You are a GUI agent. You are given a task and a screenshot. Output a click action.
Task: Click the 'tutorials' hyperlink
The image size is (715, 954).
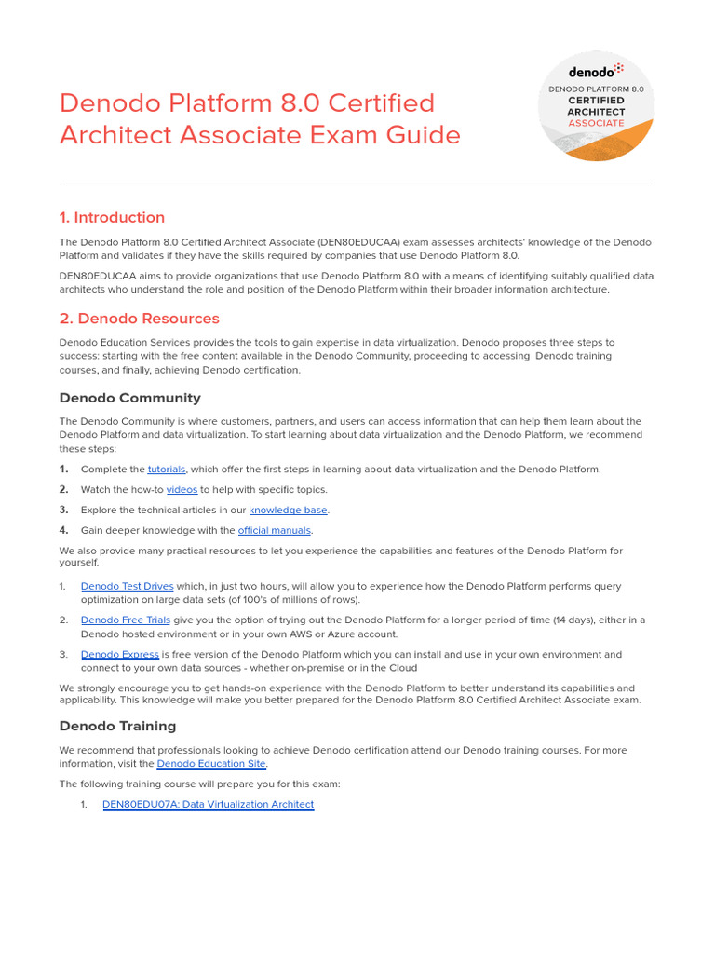pyautogui.click(x=167, y=470)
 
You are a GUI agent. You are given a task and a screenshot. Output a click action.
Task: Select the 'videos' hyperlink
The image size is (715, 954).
pyautogui.click(x=182, y=490)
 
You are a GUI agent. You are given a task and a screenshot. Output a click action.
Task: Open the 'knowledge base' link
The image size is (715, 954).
pyautogui.click(x=288, y=511)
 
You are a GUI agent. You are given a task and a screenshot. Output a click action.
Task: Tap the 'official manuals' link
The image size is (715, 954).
pyautogui.click(x=275, y=531)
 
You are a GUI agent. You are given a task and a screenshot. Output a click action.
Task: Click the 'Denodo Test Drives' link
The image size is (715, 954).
pyautogui.click(x=127, y=587)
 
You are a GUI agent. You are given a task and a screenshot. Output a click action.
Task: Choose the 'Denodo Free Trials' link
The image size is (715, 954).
pyautogui.click(x=126, y=620)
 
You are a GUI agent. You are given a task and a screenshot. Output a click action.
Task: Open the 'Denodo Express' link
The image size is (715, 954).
pyautogui.click(x=119, y=655)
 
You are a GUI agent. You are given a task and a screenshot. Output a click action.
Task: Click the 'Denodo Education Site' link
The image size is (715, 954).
pyautogui.click(x=211, y=764)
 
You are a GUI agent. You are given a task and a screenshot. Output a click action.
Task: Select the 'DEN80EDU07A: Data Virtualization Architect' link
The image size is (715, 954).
pyautogui.click(x=208, y=805)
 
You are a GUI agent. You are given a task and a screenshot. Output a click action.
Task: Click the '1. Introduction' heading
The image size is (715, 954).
pyautogui.click(x=112, y=218)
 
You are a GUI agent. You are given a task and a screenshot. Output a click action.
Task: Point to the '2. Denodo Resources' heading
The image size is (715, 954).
pyautogui.click(x=139, y=319)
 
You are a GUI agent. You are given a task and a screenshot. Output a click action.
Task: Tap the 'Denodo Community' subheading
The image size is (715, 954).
pyautogui.click(x=129, y=399)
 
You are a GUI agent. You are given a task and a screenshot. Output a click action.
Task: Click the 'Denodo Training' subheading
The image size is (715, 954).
pyautogui.click(x=117, y=727)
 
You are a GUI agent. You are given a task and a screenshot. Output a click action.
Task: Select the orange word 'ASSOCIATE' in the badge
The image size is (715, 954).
pyautogui.click(x=596, y=123)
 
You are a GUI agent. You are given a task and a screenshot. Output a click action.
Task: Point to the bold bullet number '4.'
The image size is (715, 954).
pyautogui.click(x=64, y=531)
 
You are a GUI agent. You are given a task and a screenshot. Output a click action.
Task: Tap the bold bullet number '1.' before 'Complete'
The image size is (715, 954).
pyautogui.click(x=64, y=470)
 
